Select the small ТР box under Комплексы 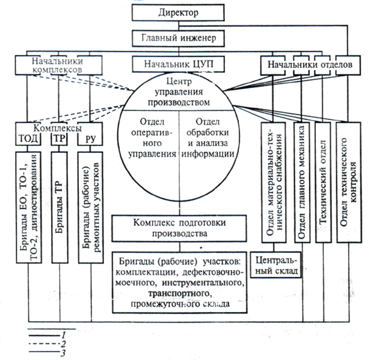click(59, 137)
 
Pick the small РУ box click(89, 137)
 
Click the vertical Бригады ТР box click(59, 203)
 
